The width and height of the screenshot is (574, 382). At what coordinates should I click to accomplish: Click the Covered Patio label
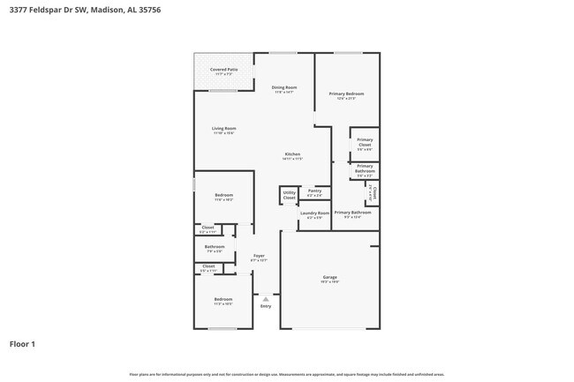(x=223, y=69)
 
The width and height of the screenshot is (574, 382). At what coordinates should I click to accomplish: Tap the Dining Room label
(x=283, y=87)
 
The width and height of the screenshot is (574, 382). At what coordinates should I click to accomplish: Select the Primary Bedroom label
(x=347, y=94)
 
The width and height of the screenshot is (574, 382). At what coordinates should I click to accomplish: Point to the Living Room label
(x=223, y=129)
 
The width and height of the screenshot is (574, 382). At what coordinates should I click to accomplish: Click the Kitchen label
(x=292, y=155)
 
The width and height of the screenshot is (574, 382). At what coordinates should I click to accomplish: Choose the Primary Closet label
(x=365, y=143)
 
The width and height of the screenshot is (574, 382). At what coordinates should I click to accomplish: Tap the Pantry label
(x=314, y=190)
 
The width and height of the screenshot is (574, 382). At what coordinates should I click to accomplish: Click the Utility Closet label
(x=289, y=195)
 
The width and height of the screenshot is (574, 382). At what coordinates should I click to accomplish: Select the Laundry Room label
(x=314, y=213)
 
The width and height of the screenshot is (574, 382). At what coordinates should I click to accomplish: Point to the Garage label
(x=329, y=278)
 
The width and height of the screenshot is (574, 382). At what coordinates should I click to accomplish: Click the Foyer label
(x=259, y=256)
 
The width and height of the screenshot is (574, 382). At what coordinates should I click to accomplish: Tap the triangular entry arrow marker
(x=266, y=299)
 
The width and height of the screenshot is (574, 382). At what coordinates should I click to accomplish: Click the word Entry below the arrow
(x=266, y=306)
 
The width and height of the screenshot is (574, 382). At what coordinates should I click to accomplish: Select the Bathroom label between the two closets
(x=215, y=247)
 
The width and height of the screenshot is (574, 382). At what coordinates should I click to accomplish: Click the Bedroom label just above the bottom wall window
(x=223, y=300)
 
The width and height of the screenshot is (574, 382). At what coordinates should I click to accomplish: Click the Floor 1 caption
(x=22, y=343)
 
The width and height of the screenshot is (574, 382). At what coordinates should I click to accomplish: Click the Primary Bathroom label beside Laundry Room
(x=352, y=213)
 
